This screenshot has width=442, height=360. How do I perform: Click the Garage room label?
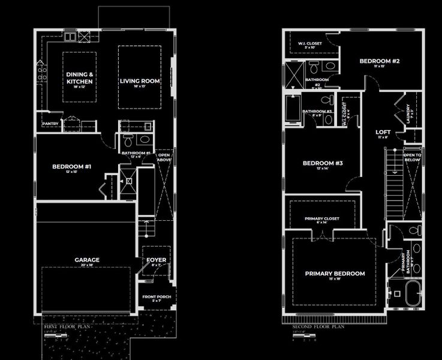(87, 260)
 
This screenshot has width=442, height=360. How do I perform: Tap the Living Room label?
(140, 81)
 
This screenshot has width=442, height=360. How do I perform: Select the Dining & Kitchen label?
(80, 77)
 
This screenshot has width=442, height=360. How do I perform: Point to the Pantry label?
(50, 124)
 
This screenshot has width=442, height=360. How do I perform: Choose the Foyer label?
(156, 260)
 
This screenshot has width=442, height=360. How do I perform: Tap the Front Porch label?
(156, 297)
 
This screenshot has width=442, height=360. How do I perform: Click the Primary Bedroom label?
(335, 274)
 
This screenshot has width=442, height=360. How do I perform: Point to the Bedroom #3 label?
(323, 164)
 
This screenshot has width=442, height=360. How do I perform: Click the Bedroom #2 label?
(379, 61)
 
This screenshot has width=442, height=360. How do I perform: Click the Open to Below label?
(412, 157)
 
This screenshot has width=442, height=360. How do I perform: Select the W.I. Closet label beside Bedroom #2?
(310, 43)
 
